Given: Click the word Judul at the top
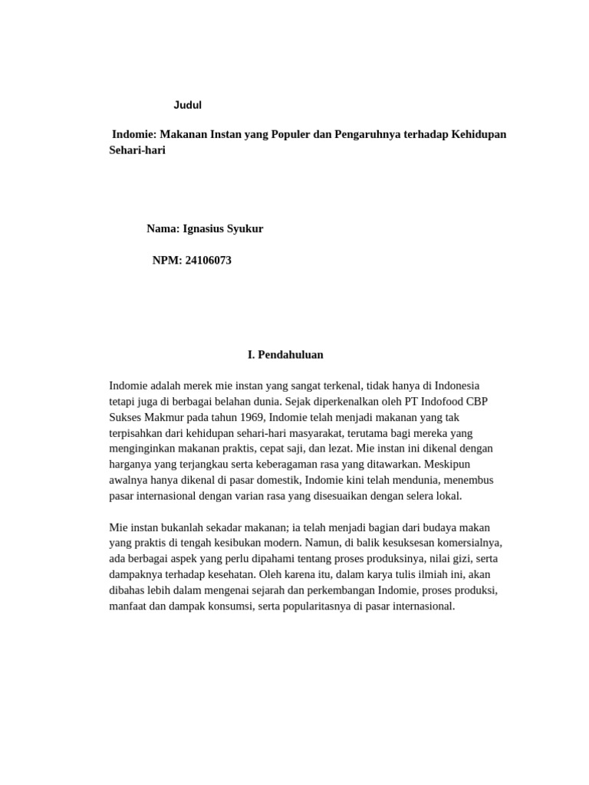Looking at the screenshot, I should pyautogui.click(x=187, y=105).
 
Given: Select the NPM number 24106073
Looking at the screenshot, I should pyautogui.click(x=208, y=260).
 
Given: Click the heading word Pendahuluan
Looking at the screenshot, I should pyautogui.click(x=291, y=354).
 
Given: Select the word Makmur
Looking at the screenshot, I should pyautogui.click(x=170, y=417).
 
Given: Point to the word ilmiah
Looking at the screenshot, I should pyautogui.click(x=449, y=574).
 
